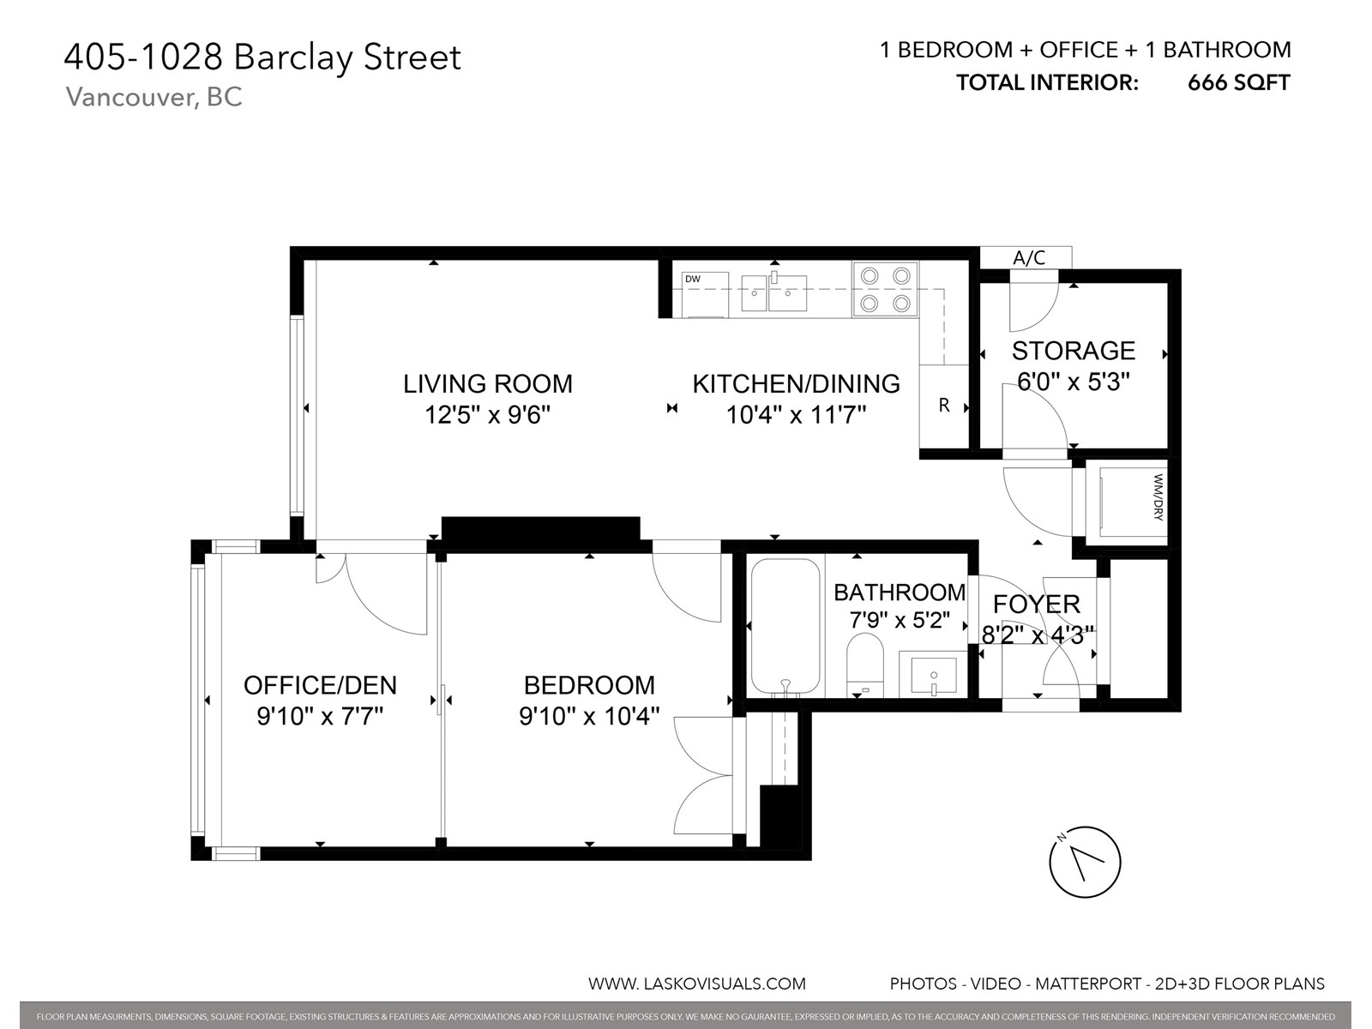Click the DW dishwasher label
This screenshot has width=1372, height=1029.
click(693, 280)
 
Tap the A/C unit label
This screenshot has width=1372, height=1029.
click(1029, 257)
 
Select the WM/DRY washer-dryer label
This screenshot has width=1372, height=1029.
click(1158, 497)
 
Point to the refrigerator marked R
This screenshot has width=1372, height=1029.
click(944, 406)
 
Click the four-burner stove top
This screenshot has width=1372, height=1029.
click(885, 289)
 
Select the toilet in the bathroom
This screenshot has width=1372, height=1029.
click(865, 665)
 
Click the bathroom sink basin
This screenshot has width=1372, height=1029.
click(934, 675)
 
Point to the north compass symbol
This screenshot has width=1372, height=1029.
click(1085, 862)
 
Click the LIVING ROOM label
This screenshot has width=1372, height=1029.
click(488, 383)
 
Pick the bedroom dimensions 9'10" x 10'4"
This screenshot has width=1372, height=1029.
click(589, 716)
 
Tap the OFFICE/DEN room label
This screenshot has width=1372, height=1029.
click(320, 685)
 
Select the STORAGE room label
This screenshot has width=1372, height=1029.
click(1074, 351)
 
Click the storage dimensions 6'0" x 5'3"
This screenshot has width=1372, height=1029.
click(1074, 381)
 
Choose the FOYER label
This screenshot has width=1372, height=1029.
click(1037, 605)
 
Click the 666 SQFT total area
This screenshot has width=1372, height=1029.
click(1239, 82)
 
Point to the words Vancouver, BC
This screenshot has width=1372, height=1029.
click(153, 98)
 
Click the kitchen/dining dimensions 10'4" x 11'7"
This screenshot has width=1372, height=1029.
click(796, 414)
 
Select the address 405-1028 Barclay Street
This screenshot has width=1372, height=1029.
click(262, 57)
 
